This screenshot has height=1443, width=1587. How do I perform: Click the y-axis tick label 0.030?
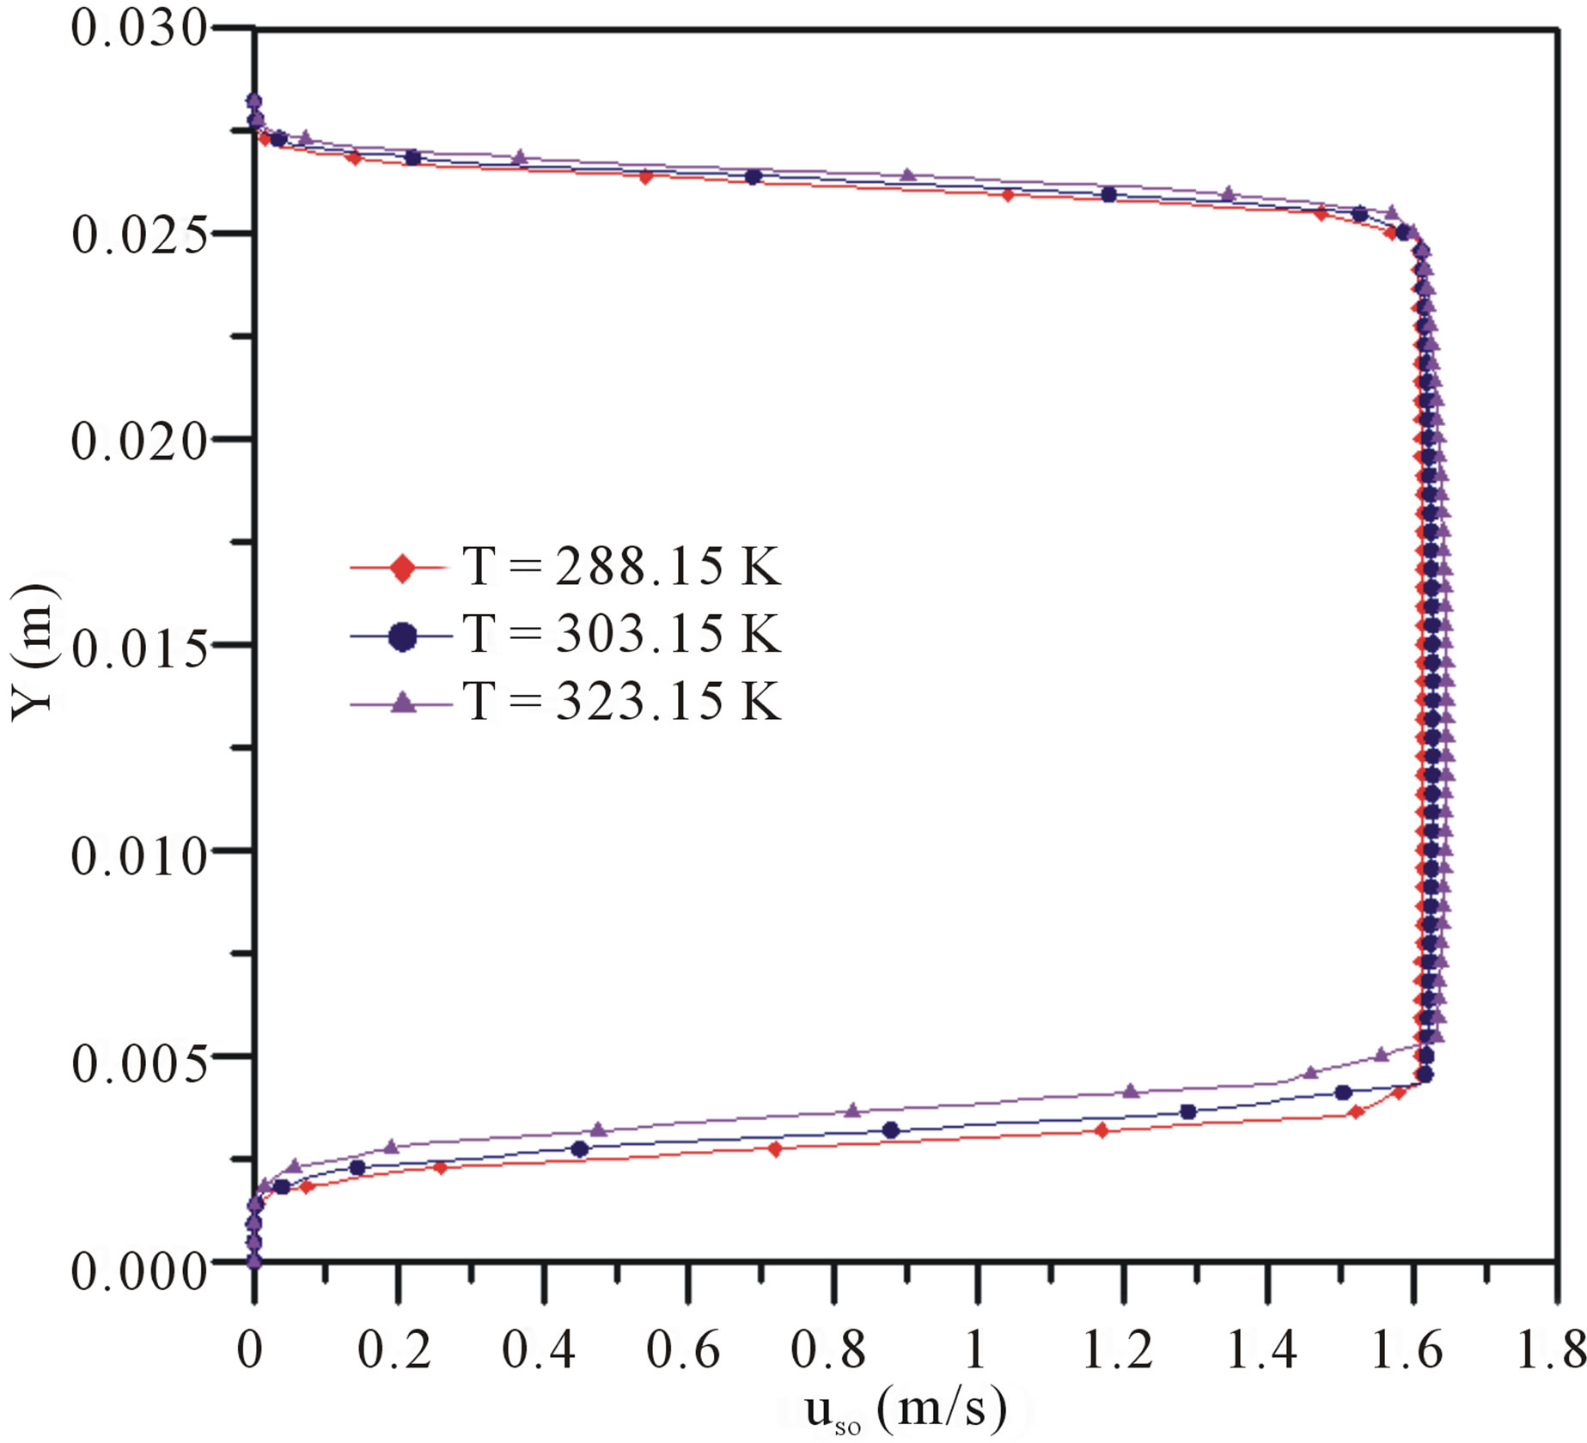coord(139,29)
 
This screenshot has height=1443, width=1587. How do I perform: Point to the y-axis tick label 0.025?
coord(139,235)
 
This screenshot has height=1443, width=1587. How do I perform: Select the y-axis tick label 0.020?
coord(139,441)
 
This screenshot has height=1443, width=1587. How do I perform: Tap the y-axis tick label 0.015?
coord(139,648)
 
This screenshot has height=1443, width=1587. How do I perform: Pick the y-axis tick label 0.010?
coord(139,855)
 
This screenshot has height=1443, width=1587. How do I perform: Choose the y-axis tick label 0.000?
coord(139,1269)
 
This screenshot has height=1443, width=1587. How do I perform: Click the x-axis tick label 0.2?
coord(394,1350)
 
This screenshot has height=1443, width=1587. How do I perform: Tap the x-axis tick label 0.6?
coord(684,1350)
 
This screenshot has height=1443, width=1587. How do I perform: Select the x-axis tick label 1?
coord(975,1350)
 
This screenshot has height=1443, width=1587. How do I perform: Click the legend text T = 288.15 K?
coord(622,567)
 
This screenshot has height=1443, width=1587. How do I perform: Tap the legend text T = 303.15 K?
coord(622,635)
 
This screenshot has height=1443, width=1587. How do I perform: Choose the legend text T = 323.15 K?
coord(622,702)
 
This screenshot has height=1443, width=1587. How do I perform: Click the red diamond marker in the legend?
coord(402,568)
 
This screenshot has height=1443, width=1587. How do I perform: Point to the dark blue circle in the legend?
coord(402,636)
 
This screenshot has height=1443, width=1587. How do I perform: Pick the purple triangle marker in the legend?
coord(402,703)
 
